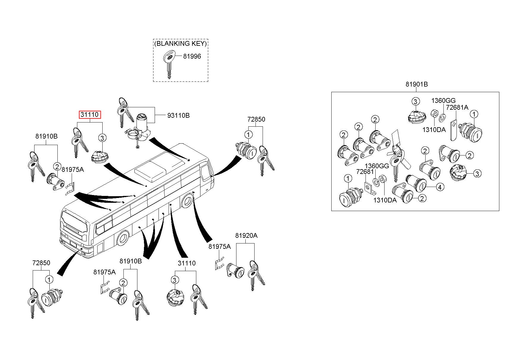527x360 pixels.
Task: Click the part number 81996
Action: click(x=192, y=56)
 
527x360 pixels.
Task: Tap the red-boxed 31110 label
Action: click(x=90, y=115)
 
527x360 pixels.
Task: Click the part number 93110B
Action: click(x=178, y=115)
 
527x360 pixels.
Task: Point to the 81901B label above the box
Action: click(x=416, y=84)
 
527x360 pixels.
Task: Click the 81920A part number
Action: click(x=246, y=236)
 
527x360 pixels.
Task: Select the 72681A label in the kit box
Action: click(x=457, y=107)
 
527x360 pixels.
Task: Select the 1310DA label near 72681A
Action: click(x=434, y=130)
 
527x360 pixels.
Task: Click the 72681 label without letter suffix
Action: click(x=365, y=172)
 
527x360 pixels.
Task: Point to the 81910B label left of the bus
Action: click(x=46, y=136)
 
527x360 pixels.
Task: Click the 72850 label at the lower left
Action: click(x=41, y=263)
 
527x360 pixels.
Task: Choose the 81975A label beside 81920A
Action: click(x=219, y=246)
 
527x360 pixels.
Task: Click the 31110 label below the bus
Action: click(x=186, y=263)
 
